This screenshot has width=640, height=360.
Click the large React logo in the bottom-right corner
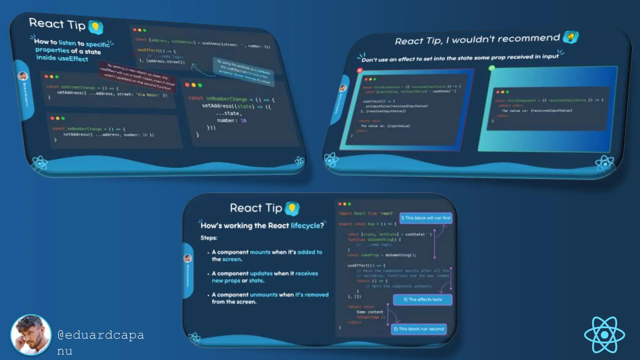pyautogui.click(x=604, y=335)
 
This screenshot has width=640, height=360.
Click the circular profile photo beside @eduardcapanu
pyautogui.click(x=31, y=335)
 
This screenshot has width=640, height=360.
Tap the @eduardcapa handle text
pyautogui.click(x=101, y=335)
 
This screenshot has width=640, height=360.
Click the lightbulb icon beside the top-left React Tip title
pyautogui.click(x=96, y=27)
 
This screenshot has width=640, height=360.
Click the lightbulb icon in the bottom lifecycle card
pyautogui.click(x=292, y=208)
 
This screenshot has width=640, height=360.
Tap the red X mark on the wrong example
pyautogui.click(x=360, y=70)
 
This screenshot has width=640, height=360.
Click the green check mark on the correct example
pyautogui.click(x=492, y=68)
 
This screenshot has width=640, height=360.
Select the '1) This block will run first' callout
pyautogui.click(x=426, y=218)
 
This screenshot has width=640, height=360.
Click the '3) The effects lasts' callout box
pyautogui.click(x=422, y=299)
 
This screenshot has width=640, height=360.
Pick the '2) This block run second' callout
pyautogui.click(x=419, y=329)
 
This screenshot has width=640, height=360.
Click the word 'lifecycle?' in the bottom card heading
pyautogui.click(x=307, y=226)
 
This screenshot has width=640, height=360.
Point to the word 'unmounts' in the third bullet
pyautogui.click(x=264, y=295)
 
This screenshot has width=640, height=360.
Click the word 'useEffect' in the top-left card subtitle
pyautogui.click(x=73, y=58)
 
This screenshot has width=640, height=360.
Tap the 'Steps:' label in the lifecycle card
pyautogui.click(x=209, y=238)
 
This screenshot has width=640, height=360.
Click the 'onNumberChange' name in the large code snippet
pyautogui.click(x=227, y=99)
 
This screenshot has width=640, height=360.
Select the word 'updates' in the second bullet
pyautogui.click(x=261, y=273)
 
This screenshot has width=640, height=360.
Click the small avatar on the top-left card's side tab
pyautogui.click(x=23, y=76)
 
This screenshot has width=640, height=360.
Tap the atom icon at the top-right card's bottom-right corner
pyautogui.click(x=604, y=163)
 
